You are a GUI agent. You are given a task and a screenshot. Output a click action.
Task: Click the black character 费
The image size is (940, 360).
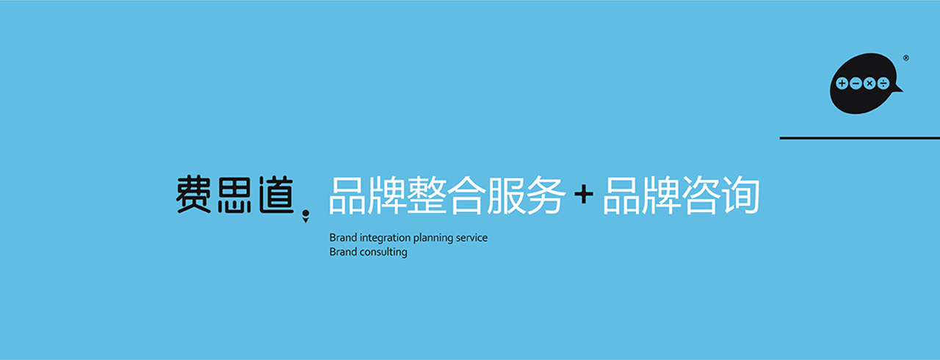(x=193, y=194)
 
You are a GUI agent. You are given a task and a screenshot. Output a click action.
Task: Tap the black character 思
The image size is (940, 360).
(x=234, y=194)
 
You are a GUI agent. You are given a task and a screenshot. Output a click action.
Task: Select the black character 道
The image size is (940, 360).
(x=275, y=194)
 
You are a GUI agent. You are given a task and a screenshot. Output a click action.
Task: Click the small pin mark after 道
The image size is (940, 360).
(x=306, y=216)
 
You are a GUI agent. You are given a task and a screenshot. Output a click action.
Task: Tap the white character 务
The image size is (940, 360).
(x=544, y=195)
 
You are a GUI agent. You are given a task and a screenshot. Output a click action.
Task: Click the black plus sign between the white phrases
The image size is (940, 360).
(x=584, y=195)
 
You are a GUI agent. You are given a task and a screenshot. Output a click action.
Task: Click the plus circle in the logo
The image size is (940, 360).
(x=842, y=84)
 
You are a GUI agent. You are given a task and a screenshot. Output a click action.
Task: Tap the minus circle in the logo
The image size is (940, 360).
(x=856, y=84)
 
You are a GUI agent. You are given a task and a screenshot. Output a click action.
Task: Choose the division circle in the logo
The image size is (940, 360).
(x=883, y=84)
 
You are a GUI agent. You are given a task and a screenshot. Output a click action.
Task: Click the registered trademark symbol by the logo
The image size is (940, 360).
(x=906, y=58)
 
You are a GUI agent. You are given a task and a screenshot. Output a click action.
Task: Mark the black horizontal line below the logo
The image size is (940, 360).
(x=860, y=137)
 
